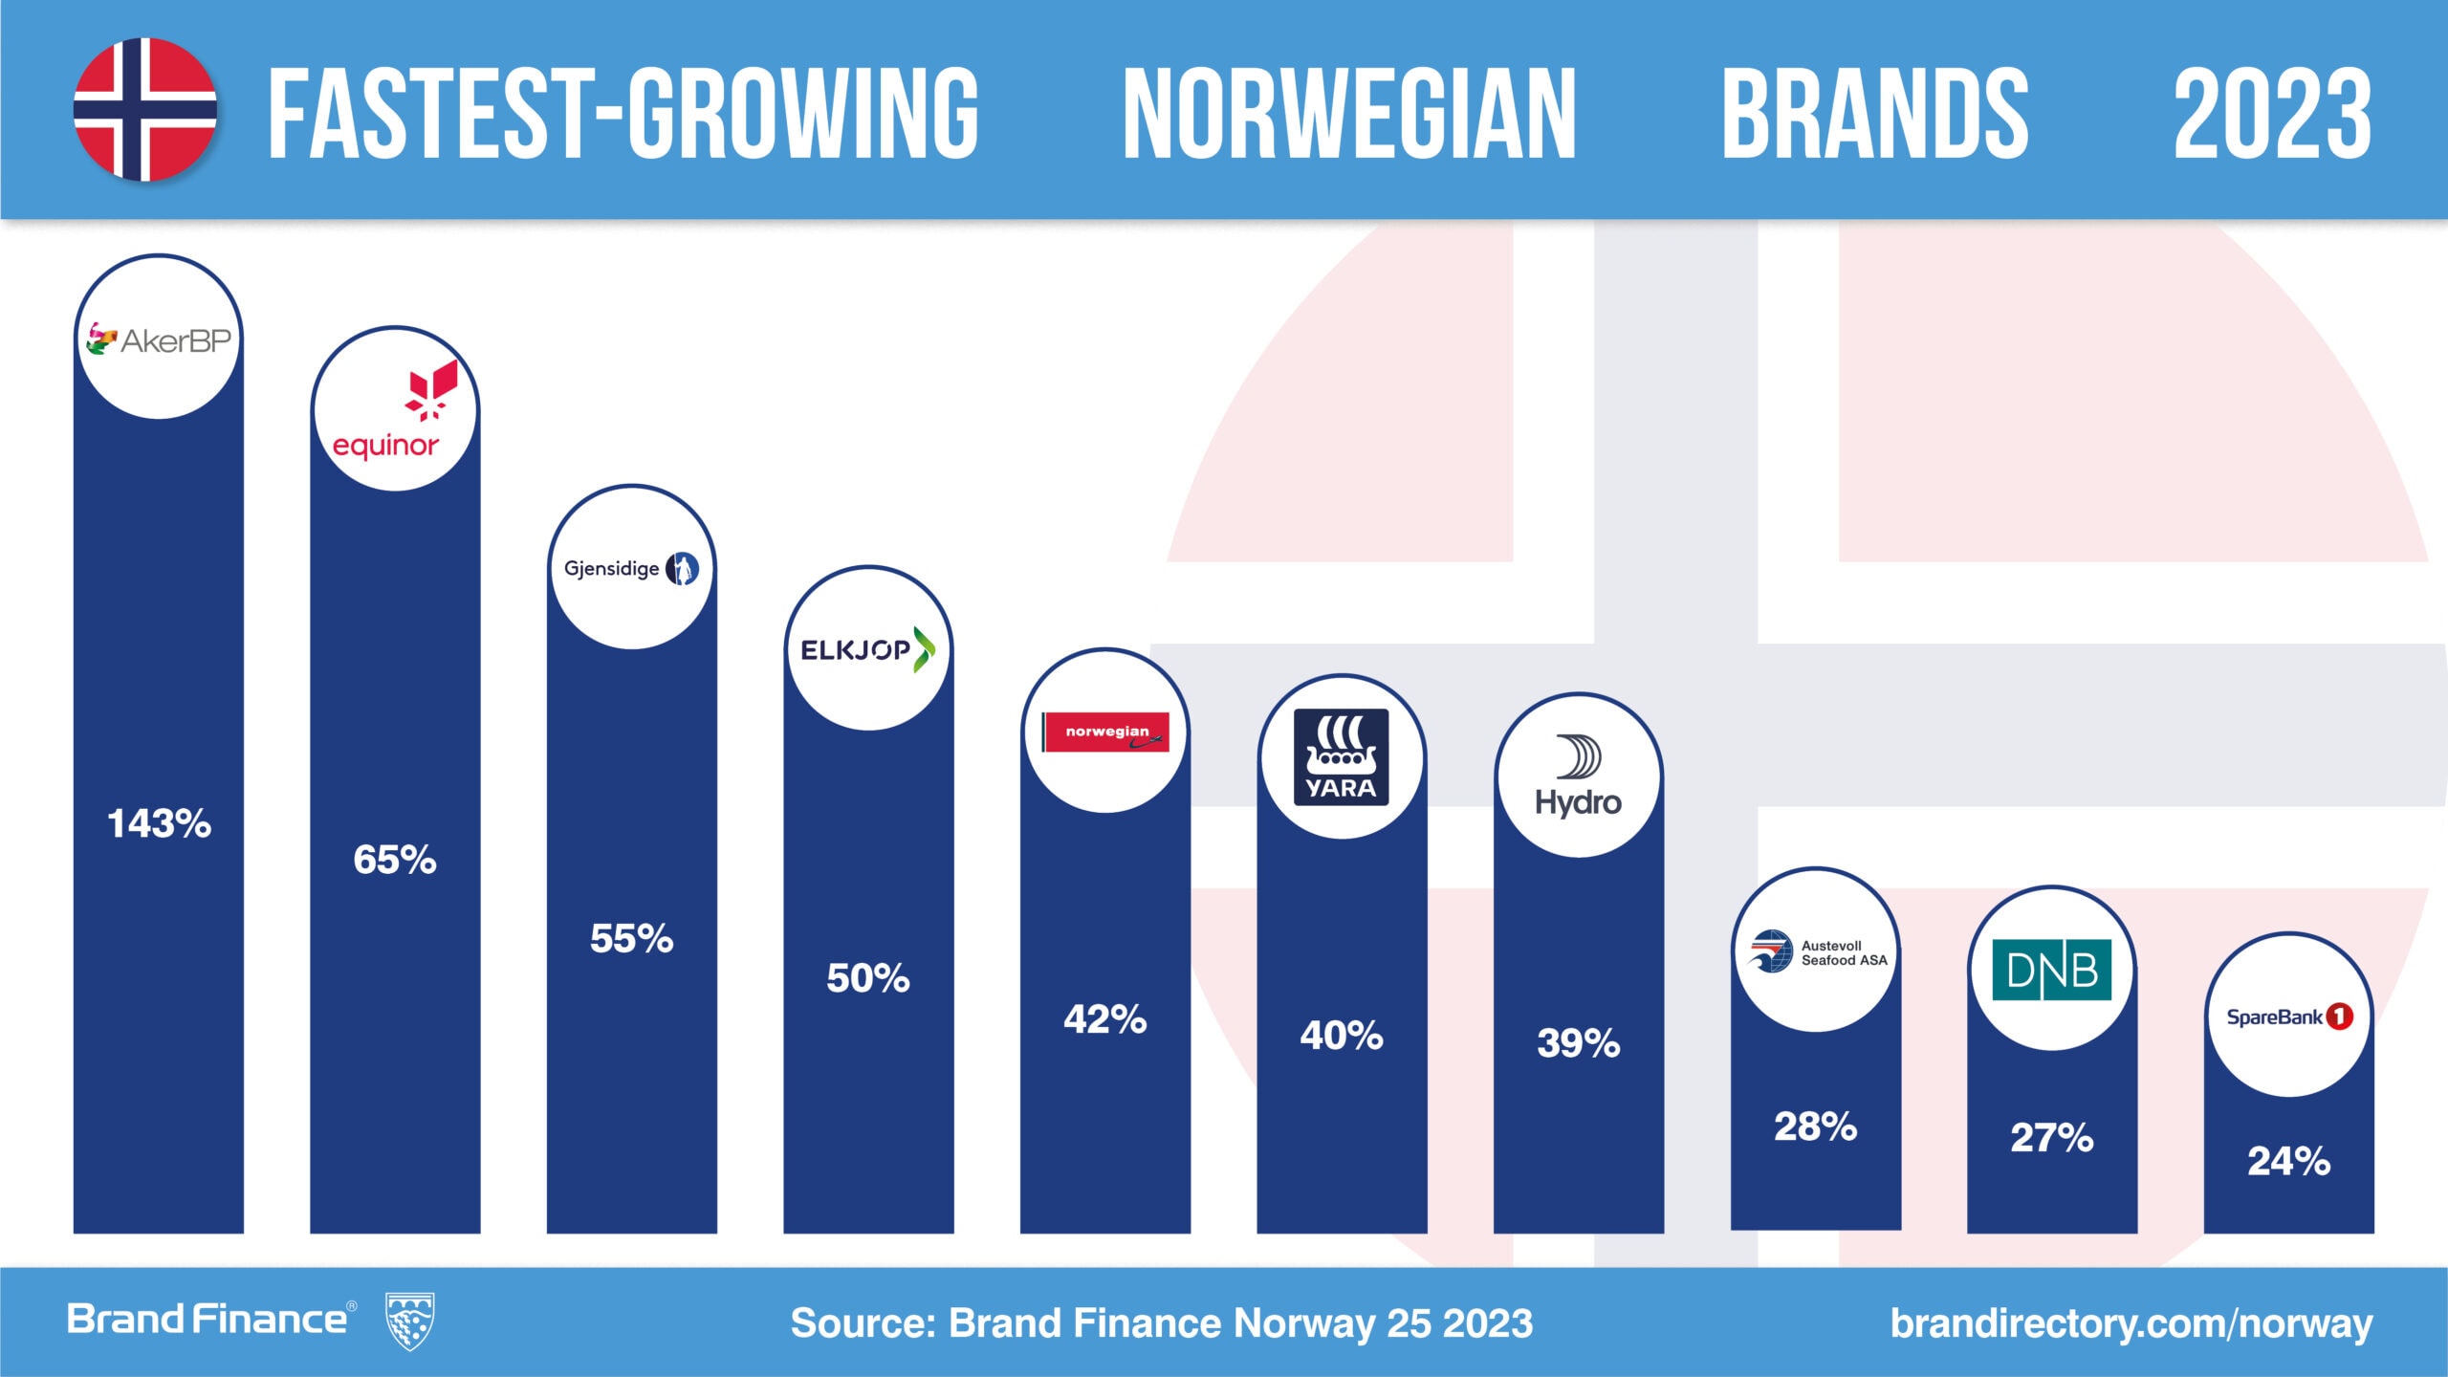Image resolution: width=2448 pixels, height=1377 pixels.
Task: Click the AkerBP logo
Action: click(159, 339)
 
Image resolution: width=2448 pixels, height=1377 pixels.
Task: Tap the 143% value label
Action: click(159, 823)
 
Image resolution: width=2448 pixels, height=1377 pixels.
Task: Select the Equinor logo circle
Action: click(395, 410)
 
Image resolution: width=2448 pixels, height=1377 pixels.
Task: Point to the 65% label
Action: click(395, 860)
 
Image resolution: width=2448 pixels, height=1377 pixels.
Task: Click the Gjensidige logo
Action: click(631, 568)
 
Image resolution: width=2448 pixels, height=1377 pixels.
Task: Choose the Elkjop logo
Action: click(867, 650)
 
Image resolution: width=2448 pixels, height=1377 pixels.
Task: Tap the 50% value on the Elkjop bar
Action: click(867, 978)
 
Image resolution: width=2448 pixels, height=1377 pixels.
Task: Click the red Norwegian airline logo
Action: click(1106, 732)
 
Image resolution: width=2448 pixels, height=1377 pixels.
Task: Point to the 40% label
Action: click(1341, 1036)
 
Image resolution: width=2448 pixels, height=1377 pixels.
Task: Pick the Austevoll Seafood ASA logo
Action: click(1815, 952)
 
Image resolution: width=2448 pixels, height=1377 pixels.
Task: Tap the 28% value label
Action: click(1815, 1126)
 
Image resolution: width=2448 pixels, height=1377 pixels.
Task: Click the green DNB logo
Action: click(2051, 970)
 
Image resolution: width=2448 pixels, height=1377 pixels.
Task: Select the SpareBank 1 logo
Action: click(2289, 1016)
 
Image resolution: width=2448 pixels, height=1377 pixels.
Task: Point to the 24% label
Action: click(2288, 1161)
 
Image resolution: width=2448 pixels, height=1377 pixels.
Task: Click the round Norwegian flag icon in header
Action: click(145, 109)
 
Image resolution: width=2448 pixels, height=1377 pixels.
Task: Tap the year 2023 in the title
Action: click(2272, 114)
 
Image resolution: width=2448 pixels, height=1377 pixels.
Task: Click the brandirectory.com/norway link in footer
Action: click(2131, 1323)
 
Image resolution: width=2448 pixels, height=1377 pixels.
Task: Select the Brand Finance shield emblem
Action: click(409, 1321)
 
